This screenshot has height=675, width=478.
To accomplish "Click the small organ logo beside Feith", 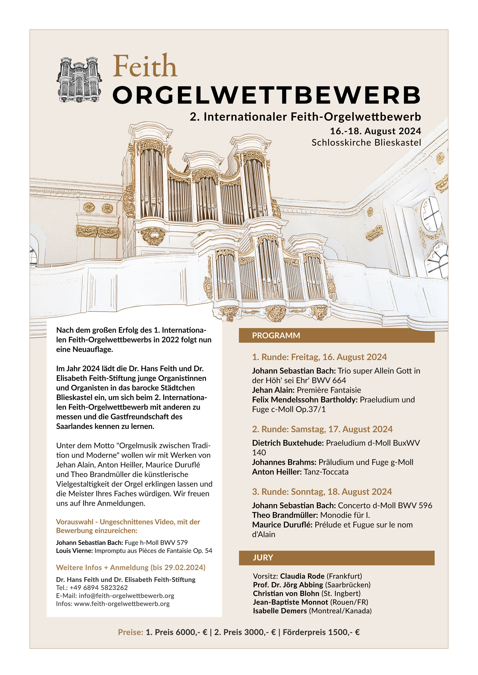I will [x=79, y=80].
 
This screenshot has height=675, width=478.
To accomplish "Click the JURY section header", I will [x=263, y=558].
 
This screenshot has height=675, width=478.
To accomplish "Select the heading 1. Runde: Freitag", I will [x=319, y=357].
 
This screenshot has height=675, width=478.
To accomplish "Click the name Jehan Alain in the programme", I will [x=273, y=390].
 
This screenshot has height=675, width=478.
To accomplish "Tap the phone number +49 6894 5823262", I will [x=99, y=588].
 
